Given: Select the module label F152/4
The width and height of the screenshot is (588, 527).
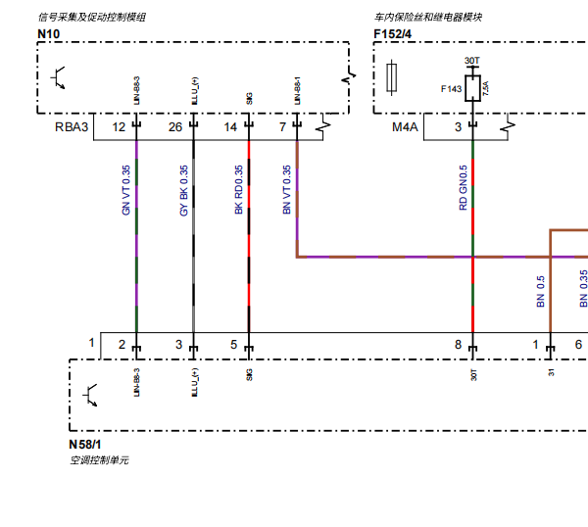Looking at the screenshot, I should coord(393,34).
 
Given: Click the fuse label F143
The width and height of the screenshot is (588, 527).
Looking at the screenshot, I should coord(451,89).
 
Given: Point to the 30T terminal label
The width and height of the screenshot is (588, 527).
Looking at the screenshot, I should coord(471,61).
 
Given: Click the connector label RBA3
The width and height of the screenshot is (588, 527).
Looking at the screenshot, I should coord(72,127).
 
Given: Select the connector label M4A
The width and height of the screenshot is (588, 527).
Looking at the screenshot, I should coord(405,127).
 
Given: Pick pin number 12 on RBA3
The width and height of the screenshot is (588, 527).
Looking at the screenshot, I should coord(119,127).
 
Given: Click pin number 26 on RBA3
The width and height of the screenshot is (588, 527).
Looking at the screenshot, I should coord(174,127).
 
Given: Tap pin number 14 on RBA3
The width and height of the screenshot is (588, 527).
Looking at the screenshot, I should coord(230,127).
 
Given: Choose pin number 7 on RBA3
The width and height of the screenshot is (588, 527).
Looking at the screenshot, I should coord(282,127).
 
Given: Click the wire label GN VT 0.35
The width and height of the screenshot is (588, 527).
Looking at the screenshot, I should coord(125,190).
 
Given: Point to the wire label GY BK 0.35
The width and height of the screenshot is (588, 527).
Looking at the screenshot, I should coord(183,190).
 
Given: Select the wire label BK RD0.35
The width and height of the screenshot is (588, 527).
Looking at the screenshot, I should coord(239,190).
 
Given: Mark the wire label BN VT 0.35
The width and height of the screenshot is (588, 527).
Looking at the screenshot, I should coord(287,190).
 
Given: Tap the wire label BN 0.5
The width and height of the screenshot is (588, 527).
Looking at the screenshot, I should coord(540,292).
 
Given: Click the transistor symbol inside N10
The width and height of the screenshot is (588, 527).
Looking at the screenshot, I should coord(60,76).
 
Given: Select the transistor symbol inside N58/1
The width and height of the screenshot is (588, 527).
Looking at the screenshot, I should coord(93,394).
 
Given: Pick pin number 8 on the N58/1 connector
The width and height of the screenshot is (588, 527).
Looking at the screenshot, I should coord(458,344).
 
